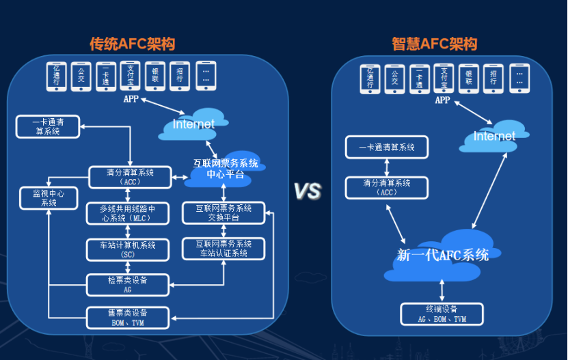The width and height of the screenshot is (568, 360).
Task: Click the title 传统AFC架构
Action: coord(132,44)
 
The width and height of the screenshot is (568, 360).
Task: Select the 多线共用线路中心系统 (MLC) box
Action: coord(128,214)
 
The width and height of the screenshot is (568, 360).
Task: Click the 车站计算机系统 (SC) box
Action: coord(128,249)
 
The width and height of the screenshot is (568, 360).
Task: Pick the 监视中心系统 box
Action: coord(49,198)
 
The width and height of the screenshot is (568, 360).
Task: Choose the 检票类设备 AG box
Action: coord(128,285)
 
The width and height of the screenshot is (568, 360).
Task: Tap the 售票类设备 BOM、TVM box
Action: coord(128,317)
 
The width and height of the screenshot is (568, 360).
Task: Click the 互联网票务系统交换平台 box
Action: coord(224,213)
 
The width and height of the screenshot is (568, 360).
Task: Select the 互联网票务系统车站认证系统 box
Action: coord(224,249)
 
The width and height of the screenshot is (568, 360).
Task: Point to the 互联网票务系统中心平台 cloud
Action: coord(225,169)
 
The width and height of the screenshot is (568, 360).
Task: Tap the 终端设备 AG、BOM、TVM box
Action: coord(442,314)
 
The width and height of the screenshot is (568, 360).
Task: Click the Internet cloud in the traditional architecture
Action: coord(193,124)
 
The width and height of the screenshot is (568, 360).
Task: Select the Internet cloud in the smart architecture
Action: coord(494,137)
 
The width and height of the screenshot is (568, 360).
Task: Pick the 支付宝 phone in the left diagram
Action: coord(130,76)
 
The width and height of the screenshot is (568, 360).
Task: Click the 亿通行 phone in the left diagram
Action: coord(57,76)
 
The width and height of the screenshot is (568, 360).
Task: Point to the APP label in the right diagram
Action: coord(442,100)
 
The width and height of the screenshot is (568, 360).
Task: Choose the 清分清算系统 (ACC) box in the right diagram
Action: coord(387,187)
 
